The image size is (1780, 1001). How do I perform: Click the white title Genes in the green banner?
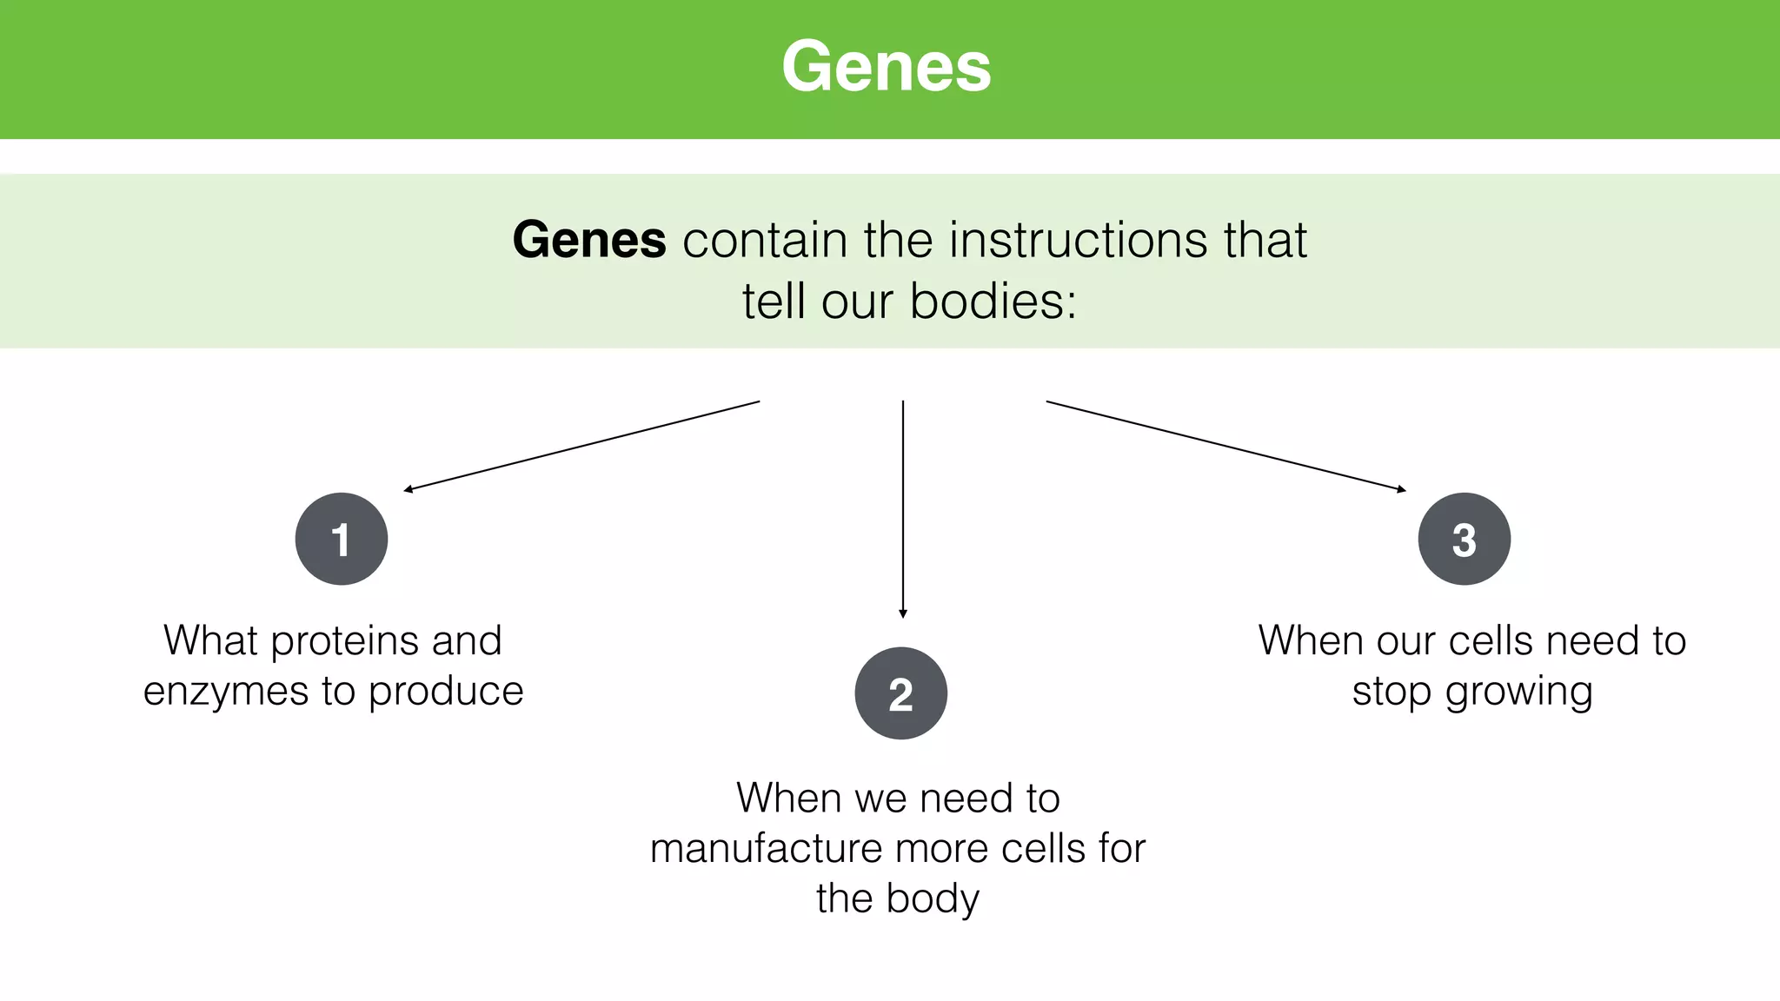[887, 67]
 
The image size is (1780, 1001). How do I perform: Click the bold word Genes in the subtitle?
[589, 240]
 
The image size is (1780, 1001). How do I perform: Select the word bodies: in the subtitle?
[993, 302]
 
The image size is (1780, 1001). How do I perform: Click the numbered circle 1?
[342, 539]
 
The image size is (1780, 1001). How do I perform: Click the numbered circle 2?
[901, 693]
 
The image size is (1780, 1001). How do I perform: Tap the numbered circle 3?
[1465, 539]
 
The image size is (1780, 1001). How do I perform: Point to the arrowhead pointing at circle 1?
[408, 490]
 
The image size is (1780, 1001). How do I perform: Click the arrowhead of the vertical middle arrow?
[903, 613]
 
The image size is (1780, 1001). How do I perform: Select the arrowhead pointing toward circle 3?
[1401, 489]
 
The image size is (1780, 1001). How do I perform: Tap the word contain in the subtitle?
[765, 240]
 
